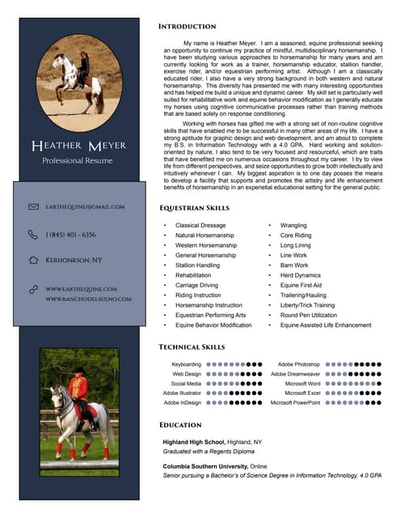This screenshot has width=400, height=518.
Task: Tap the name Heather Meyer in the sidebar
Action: click(78, 146)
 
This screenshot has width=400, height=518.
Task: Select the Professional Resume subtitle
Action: click(78, 161)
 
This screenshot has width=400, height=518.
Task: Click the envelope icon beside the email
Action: click(33, 206)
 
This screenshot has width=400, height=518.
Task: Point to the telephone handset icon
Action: click(33, 234)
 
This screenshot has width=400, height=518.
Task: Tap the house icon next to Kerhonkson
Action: click(33, 261)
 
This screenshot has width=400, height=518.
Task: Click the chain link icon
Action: click(33, 288)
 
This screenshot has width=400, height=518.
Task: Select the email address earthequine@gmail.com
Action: click(85, 206)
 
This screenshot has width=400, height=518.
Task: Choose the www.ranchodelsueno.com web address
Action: click(88, 299)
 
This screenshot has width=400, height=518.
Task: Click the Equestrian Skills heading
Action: click(194, 208)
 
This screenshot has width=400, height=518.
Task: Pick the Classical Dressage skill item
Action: click(200, 225)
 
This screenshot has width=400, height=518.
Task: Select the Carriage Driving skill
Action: click(196, 285)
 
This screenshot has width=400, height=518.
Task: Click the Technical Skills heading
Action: click(191, 346)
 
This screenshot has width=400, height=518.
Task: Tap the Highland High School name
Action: click(194, 442)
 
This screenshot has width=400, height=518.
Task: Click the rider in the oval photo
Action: click(83, 66)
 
